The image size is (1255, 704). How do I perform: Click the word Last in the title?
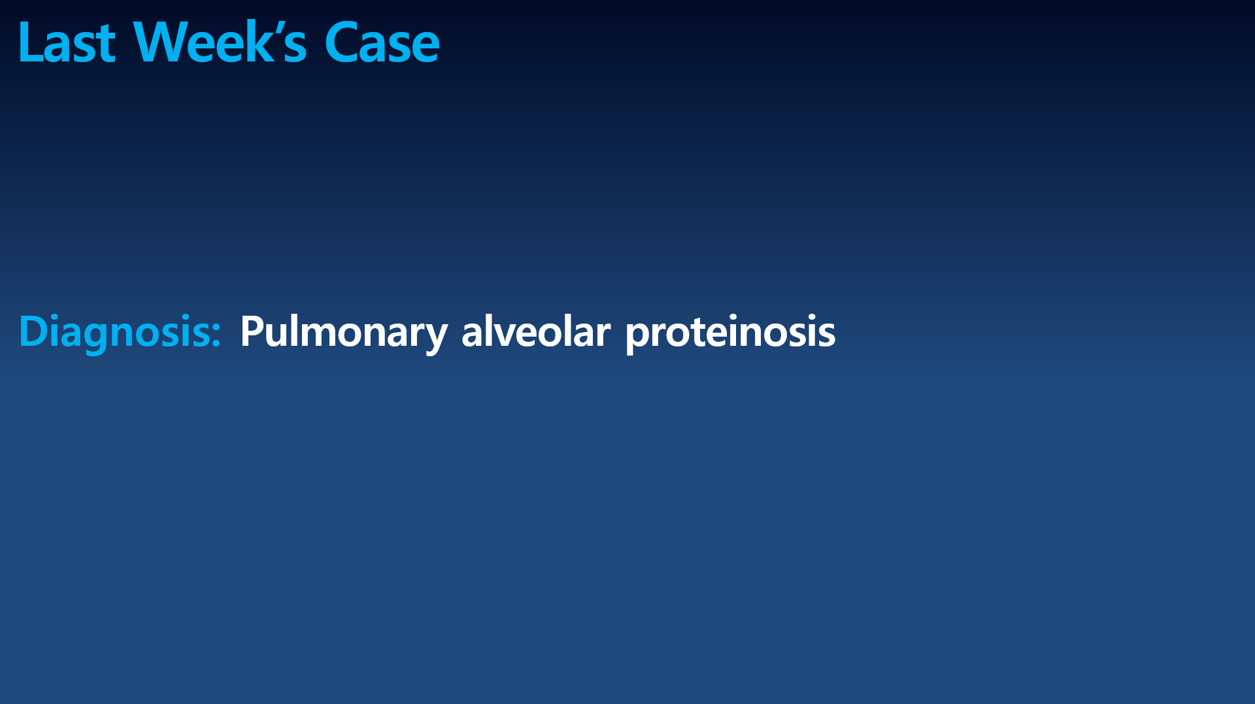(x=67, y=42)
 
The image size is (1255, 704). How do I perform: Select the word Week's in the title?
(x=220, y=42)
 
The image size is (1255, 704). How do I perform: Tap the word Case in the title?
(x=382, y=42)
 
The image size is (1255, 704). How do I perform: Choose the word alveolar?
(x=536, y=331)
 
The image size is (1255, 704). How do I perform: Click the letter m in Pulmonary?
(x=323, y=335)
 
